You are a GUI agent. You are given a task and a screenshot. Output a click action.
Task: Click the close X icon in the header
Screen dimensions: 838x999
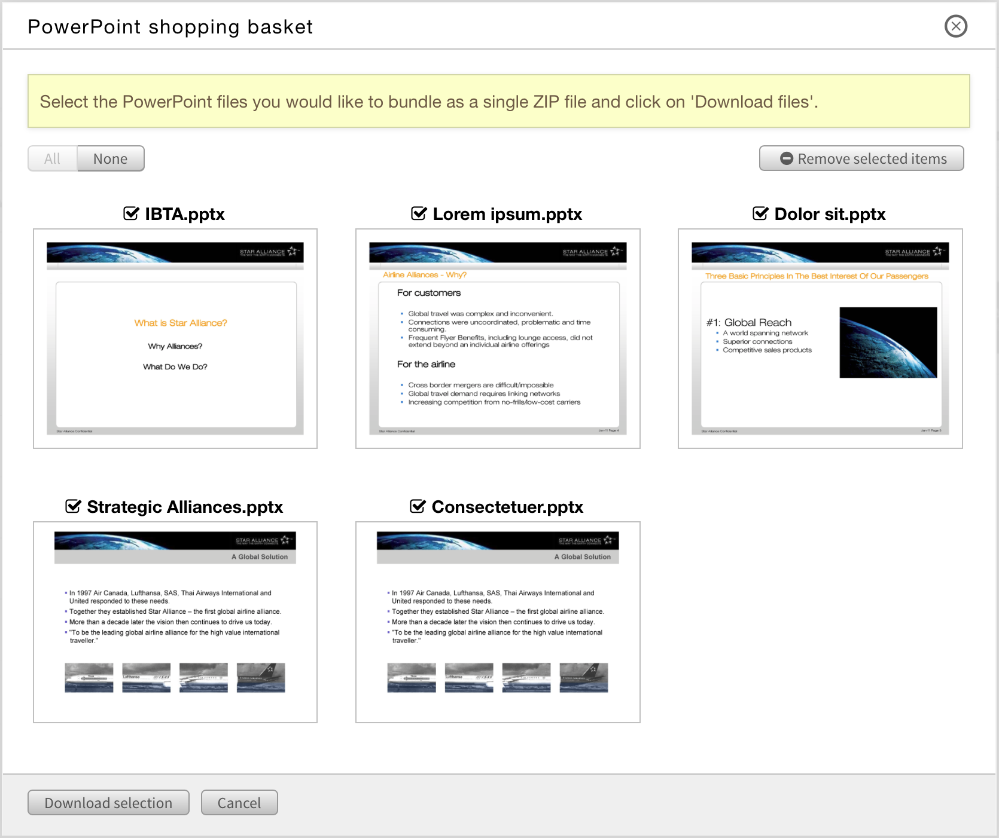[955, 26]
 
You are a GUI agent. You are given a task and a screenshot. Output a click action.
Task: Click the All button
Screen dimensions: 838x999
[53, 159]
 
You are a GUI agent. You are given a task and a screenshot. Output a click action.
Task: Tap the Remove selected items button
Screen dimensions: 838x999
[861, 159]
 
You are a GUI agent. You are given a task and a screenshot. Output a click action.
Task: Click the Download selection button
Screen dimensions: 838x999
[108, 803]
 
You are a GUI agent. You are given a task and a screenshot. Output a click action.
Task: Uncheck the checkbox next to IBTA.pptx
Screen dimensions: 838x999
[131, 213]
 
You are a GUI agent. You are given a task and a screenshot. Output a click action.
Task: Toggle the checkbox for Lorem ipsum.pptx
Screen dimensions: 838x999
[419, 213]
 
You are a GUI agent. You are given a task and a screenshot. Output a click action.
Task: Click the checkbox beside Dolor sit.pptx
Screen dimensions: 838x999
[760, 213]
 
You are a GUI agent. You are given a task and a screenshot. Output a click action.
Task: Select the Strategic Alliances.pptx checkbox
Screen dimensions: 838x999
[73, 506]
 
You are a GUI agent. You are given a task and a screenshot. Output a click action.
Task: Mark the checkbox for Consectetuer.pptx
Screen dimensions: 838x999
[418, 506]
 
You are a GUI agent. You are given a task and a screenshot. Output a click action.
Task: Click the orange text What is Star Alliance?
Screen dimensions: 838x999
[181, 323]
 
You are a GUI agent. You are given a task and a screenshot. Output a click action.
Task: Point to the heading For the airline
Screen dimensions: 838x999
[426, 364]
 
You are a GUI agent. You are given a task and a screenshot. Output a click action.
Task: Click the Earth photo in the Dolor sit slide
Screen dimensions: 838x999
[888, 342]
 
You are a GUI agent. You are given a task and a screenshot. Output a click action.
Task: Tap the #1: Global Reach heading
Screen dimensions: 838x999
[749, 323]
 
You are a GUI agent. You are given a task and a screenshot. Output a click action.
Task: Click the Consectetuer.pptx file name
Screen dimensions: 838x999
[507, 507]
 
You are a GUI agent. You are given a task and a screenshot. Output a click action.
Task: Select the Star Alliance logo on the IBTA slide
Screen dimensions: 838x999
[269, 252]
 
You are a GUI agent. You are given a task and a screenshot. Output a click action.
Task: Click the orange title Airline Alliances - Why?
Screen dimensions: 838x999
[425, 275]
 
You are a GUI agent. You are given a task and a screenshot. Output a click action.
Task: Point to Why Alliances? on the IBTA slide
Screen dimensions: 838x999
[175, 346]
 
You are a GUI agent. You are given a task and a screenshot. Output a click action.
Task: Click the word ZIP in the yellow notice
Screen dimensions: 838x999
[546, 102]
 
